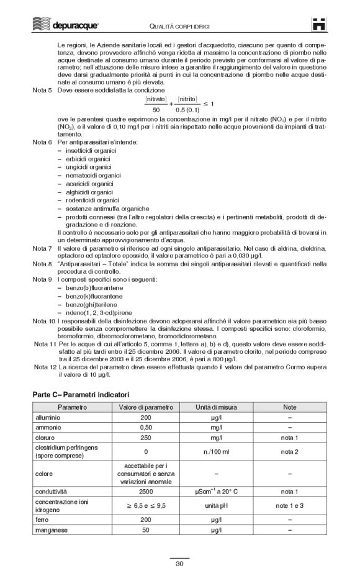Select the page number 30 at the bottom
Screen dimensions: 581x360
click(x=179, y=563)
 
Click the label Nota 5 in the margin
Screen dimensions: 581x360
click(x=42, y=89)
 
